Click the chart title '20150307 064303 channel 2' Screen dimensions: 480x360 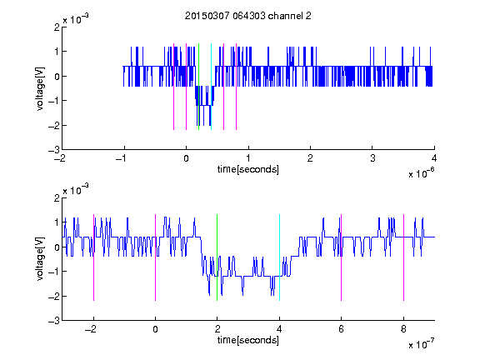pyautogui.click(x=248, y=16)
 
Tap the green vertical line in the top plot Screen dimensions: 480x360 pyautogui.click(x=198, y=87)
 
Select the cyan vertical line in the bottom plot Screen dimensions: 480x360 pyautogui.click(x=279, y=257)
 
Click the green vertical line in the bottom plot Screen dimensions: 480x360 pyautogui.click(x=217, y=257)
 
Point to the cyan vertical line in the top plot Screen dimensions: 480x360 pyautogui.click(x=211, y=87)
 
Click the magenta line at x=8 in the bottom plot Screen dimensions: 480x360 pyautogui.click(x=403, y=257)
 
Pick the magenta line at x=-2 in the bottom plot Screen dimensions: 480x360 pyautogui.click(x=93, y=257)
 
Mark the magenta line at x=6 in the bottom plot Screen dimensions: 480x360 pyautogui.click(x=342, y=257)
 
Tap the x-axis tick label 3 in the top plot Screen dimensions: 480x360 pyautogui.click(x=372, y=158)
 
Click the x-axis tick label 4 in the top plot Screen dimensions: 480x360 pyautogui.click(x=434, y=158)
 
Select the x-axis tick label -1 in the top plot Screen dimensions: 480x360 pyautogui.click(x=122, y=158)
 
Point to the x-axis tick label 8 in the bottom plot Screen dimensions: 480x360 pyautogui.click(x=403, y=329)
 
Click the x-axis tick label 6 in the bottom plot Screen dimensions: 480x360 pyautogui.click(x=342, y=329)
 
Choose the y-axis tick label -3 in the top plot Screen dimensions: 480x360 pyautogui.click(x=54, y=150)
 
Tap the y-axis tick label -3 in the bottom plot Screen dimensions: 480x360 pyautogui.click(x=54, y=321)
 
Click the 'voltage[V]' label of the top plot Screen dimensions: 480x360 pyautogui.click(x=40, y=88)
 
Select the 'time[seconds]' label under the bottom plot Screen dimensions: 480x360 pyautogui.click(x=248, y=340)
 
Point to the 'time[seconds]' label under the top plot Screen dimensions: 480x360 pyautogui.click(x=248, y=169)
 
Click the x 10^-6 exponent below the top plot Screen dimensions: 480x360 pyautogui.click(x=422, y=173)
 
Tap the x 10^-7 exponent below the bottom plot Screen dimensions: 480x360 pyautogui.click(x=422, y=344)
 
